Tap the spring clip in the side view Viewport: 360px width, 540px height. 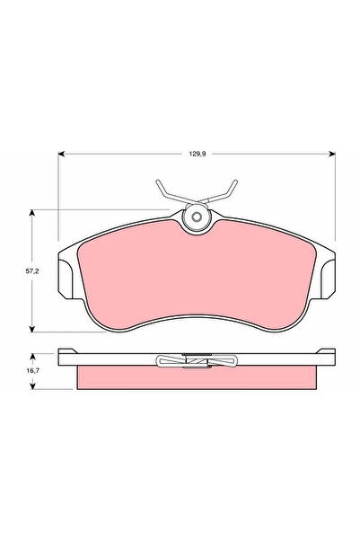pyautogui.click(x=196, y=361)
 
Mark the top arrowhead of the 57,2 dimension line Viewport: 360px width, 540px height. pyautogui.click(x=33, y=212)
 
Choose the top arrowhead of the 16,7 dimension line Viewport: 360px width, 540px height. pyautogui.click(x=33, y=353)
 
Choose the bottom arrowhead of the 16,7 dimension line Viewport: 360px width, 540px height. pyautogui.click(x=33, y=387)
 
